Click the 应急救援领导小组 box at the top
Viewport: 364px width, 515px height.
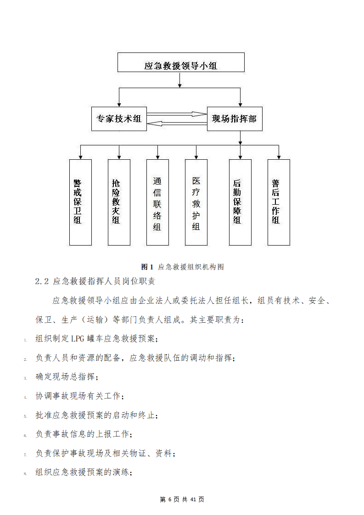coord(181,62)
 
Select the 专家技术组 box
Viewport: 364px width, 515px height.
coord(119,119)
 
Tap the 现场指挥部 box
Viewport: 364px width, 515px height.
coord(235,119)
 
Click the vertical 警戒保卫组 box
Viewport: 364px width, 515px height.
coord(80,202)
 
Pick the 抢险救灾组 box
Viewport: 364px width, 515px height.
coord(119,202)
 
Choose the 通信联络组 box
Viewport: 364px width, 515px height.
coord(158,202)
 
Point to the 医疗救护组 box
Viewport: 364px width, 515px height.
coord(196,202)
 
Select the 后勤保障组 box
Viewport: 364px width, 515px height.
coord(240,202)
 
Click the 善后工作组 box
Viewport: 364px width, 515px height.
coord(279,202)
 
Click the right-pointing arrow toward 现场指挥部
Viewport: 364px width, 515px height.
coord(177,114)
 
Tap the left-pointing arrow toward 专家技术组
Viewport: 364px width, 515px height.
coord(177,123)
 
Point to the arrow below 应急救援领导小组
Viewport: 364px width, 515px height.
coord(179,80)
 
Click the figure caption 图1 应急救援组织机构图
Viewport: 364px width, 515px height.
coord(183,267)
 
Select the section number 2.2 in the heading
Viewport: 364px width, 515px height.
coord(42,281)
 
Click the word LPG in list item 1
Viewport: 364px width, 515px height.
coord(78,339)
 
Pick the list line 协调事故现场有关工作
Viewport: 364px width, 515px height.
coord(79,396)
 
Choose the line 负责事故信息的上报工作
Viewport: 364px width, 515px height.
coord(84,434)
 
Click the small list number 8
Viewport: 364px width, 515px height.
coord(25,474)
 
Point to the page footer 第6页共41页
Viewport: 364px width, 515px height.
coord(182,499)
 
